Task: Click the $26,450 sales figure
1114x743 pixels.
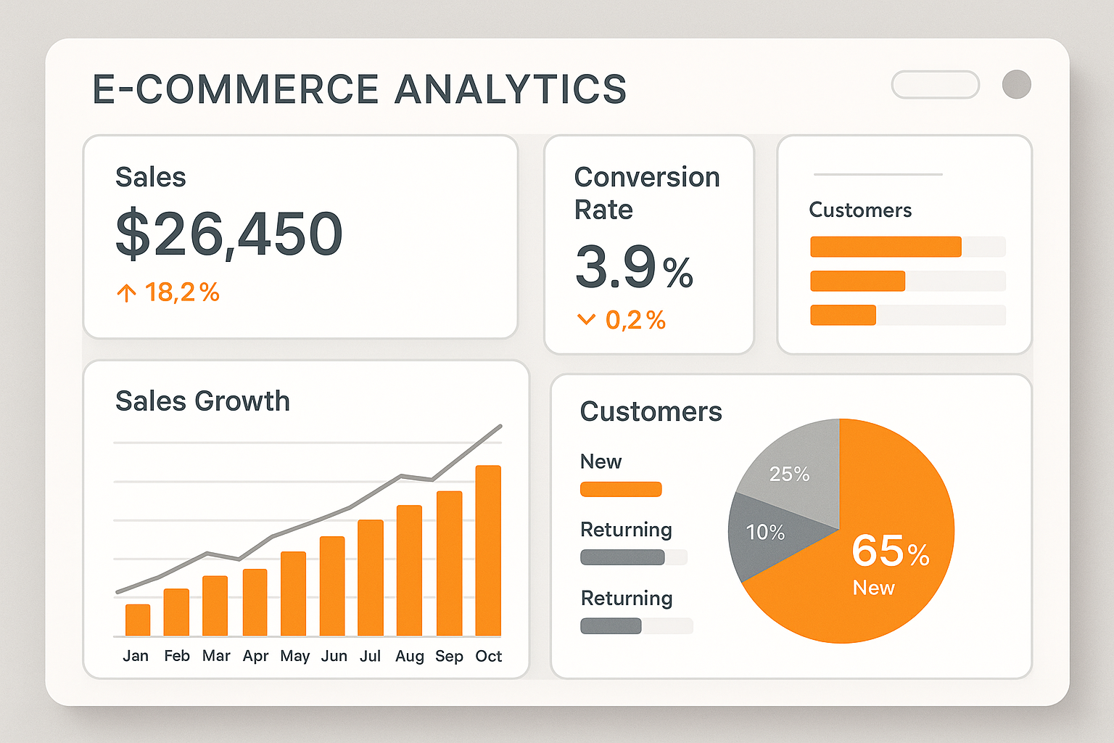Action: pyautogui.click(x=228, y=234)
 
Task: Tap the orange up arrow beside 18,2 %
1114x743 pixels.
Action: pyautogui.click(x=126, y=292)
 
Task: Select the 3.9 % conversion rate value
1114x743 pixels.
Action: pyautogui.click(x=633, y=268)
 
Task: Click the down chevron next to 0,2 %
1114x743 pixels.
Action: pyautogui.click(x=585, y=319)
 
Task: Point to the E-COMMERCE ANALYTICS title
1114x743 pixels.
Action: pyautogui.click(x=359, y=89)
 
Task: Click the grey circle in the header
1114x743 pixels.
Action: pyautogui.click(x=1016, y=84)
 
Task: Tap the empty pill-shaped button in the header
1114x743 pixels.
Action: pyautogui.click(x=935, y=84)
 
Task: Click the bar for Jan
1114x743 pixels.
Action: pyautogui.click(x=138, y=620)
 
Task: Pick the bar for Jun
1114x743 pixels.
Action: pyautogui.click(x=332, y=586)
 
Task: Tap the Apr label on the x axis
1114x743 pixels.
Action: pyautogui.click(x=255, y=656)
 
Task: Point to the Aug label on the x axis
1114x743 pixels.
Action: pyautogui.click(x=409, y=656)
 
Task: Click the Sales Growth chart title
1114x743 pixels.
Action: pyautogui.click(x=202, y=401)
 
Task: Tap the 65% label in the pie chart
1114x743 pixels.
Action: pyautogui.click(x=890, y=551)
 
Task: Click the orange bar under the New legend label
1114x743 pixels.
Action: pyautogui.click(x=621, y=489)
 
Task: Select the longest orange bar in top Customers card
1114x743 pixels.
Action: pyautogui.click(x=886, y=247)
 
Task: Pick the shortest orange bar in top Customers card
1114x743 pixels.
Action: pyautogui.click(x=843, y=315)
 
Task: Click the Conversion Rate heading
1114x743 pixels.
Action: pyautogui.click(x=646, y=193)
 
